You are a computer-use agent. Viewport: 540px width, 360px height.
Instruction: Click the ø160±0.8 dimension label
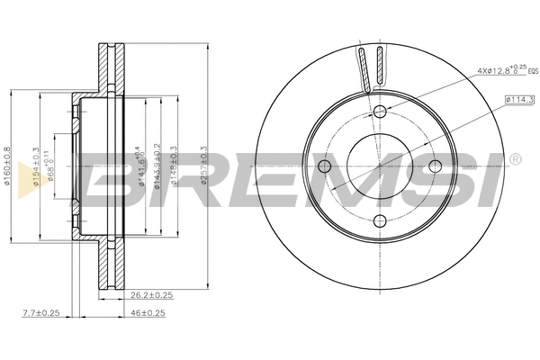click(8, 166)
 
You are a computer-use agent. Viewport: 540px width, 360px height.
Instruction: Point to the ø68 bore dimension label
click(52, 167)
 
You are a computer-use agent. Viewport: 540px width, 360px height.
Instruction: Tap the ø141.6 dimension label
click(140, 166)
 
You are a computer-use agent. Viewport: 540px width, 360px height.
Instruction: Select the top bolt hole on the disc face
click(380, 111)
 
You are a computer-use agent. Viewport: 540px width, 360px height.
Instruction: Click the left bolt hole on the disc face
click(325, 166)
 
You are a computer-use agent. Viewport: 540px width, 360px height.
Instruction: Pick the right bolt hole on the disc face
click(436, 166)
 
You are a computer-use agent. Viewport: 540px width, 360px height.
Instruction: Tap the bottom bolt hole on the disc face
click(380, 221)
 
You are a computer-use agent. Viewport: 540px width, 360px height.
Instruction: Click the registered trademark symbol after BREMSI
click(515, 159)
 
